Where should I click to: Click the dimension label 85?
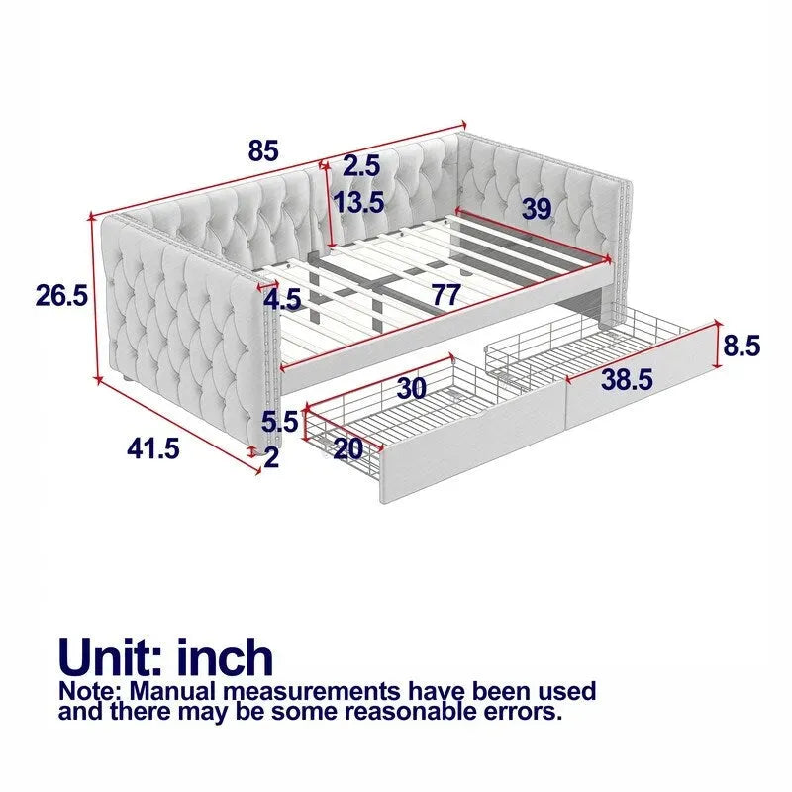click(x=263, y=150)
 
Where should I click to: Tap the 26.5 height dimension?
click(x=61, y=295)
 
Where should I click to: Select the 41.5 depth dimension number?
click(x=153, y=448)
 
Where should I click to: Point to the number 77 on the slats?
click(x=445, y=295)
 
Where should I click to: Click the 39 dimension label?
click(x=536, y=209)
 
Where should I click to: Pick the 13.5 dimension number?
click(x=358, y=202)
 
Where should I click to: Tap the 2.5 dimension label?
click(x=361, y=165)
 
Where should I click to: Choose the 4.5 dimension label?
click(x=283, y=300)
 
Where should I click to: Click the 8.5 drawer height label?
click(x=742, y=346)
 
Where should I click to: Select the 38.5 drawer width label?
click(x=627, y=379)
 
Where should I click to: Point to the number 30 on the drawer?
click(x=412, y=388)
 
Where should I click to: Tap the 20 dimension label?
click(x=348, y=448)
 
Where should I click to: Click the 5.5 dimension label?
click(x=280, y=422)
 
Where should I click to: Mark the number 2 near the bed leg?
click(x=271, y=458)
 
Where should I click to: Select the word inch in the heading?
click(x=225, y=656)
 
